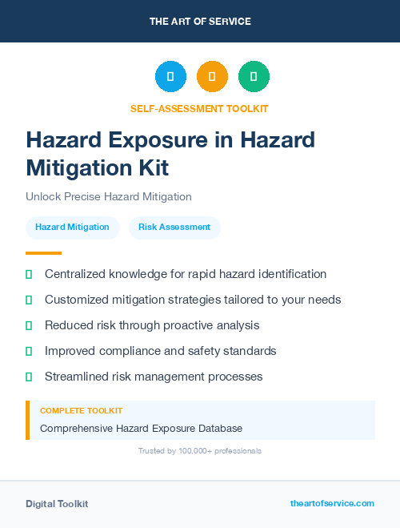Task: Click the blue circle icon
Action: point(170,77)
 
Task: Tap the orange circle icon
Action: point(212,77)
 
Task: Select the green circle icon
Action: point(254,77)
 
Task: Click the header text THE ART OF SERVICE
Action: point(200,22)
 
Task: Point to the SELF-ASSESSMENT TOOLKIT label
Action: point(199,108)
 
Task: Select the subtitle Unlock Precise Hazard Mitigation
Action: point(109,196)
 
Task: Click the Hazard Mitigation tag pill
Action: point(72,228)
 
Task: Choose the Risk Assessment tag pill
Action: point(174,228)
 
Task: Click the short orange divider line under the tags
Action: point(43,253)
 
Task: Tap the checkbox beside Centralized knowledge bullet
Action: point(29,274)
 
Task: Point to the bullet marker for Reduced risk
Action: point(29,325)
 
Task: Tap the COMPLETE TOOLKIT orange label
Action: point(81,410)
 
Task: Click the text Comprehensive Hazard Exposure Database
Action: point(141,428)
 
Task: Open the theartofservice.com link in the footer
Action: point(332,503)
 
